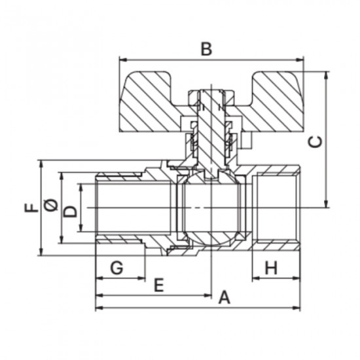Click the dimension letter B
(206, 49)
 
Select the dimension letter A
(224, 297)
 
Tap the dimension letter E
(158, 285)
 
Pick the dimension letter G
(117, 268)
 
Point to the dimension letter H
(271, 268)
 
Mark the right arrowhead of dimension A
(297, 308)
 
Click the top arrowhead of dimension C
(326, 75)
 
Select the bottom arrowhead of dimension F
(41, 252)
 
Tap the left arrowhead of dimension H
(256, 278)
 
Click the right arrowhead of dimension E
(207, 295)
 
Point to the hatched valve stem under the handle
(211, 133)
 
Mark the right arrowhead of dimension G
(141, 278)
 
